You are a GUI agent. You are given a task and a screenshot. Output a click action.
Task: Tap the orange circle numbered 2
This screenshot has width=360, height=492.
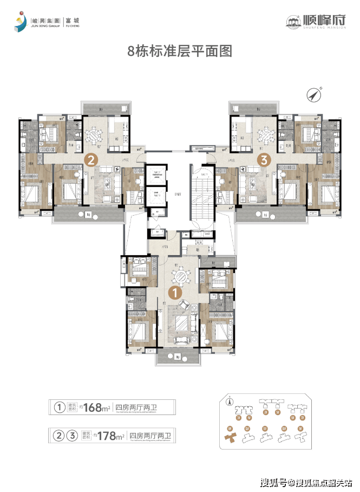point(91,160)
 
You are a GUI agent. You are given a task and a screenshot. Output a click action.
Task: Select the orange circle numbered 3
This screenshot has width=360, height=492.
point(264,160)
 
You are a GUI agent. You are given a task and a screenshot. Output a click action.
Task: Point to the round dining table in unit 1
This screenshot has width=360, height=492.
point(180,276)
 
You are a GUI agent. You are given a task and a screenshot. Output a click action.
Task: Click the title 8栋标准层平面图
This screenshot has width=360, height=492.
point(179,51)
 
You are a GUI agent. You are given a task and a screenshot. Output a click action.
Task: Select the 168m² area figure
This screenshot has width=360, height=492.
point(97,407)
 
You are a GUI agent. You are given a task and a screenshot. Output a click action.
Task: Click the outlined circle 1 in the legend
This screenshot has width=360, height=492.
point(57,407)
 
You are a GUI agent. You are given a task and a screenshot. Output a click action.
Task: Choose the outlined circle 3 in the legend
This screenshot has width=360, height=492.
point(70,435)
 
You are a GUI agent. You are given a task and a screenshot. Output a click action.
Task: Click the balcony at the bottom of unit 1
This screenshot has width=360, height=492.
point(178,357)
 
